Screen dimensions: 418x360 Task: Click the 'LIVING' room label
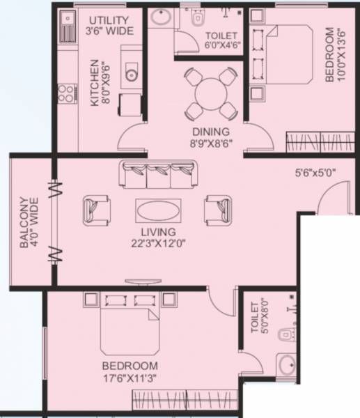(157, 232)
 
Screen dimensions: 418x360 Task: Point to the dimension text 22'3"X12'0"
(157, 244)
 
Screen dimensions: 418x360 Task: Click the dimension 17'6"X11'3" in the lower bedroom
(130, 378)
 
